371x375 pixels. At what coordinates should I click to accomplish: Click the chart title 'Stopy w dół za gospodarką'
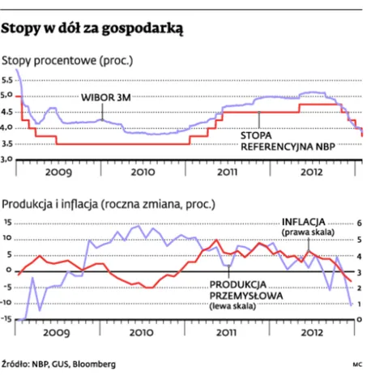94,29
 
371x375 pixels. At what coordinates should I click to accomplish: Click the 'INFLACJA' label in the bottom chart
302,221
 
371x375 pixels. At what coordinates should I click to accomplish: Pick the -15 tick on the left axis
7,318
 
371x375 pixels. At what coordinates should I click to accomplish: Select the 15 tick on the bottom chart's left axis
8,222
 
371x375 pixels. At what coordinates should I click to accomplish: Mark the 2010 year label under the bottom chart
143,331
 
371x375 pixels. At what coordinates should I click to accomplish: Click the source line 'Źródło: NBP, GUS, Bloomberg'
58,363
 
